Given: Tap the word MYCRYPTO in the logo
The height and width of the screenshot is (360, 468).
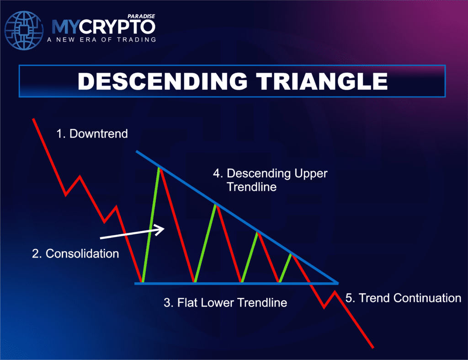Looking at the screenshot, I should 103,27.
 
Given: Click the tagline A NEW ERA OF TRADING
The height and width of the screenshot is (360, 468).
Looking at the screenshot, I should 101,39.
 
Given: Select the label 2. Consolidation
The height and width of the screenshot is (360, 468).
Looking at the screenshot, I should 75,253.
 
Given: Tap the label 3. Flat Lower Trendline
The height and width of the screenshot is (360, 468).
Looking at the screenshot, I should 225,302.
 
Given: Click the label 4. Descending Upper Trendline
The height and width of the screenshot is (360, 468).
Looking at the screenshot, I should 271,180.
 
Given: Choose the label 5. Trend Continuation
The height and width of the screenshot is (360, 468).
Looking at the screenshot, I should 403,298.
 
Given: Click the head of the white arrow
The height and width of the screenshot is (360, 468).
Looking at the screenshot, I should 161,229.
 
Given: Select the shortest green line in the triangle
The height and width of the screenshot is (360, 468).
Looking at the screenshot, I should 286,268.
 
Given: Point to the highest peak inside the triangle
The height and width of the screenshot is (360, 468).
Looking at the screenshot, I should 160,168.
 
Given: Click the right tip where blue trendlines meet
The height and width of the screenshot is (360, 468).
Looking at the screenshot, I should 338,283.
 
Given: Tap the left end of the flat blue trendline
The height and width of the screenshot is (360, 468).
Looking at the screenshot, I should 136,283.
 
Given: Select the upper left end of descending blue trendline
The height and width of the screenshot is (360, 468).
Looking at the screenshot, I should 137,151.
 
